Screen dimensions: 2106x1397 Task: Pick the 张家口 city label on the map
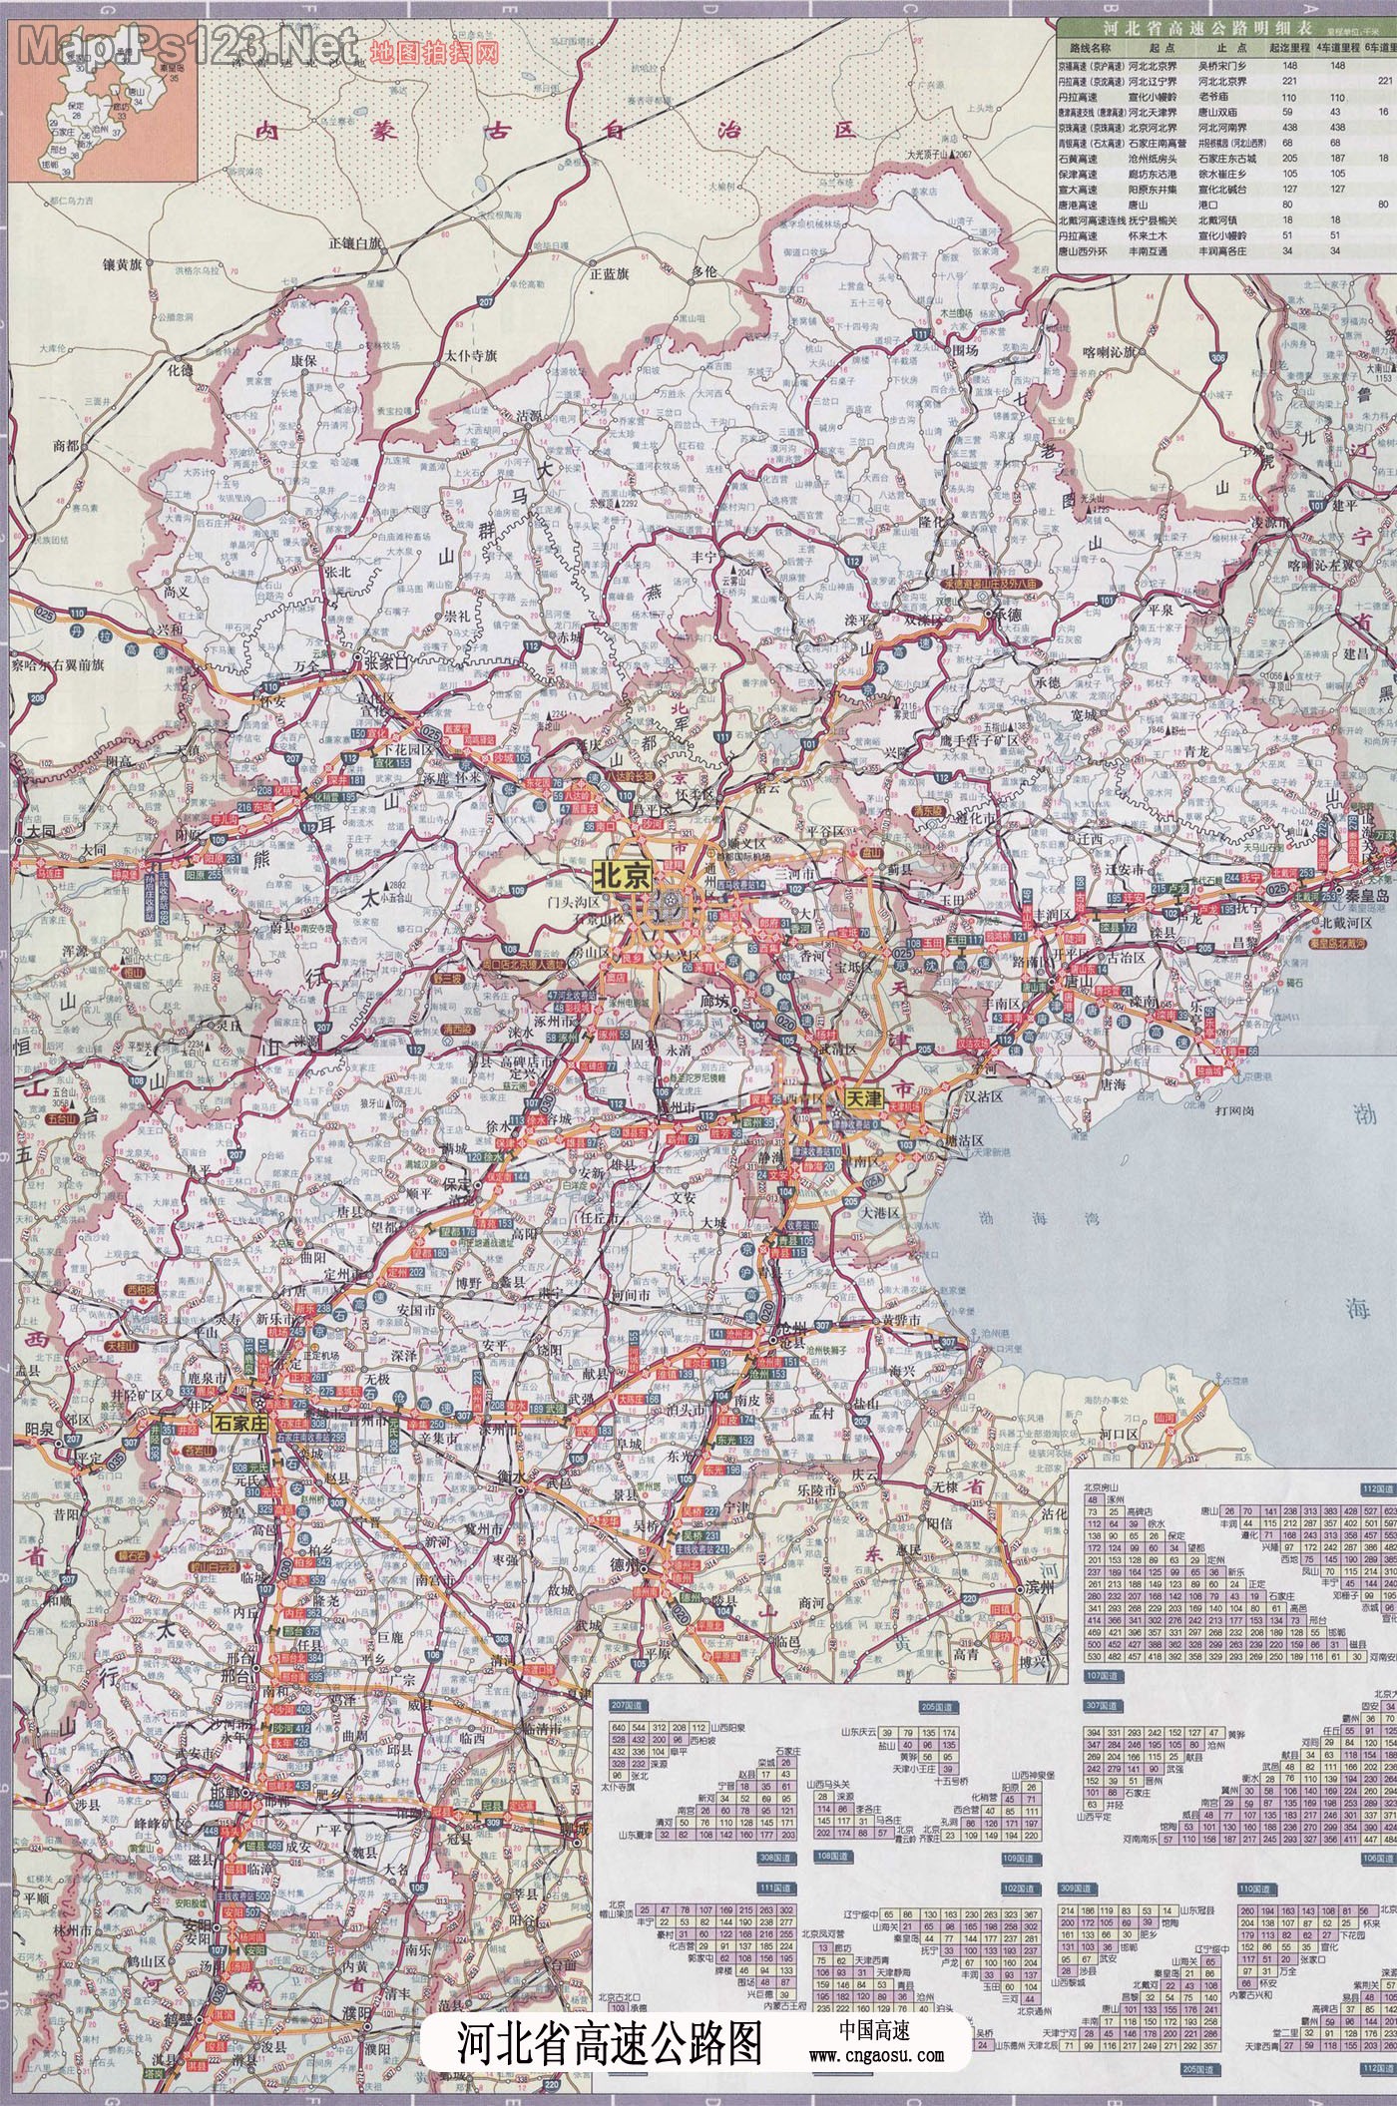pos(387,660)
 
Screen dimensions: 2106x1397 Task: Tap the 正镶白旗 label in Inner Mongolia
pos(354,242)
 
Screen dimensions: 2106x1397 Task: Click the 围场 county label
pos(964,350)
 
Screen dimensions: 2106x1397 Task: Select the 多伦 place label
pos(704,270)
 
